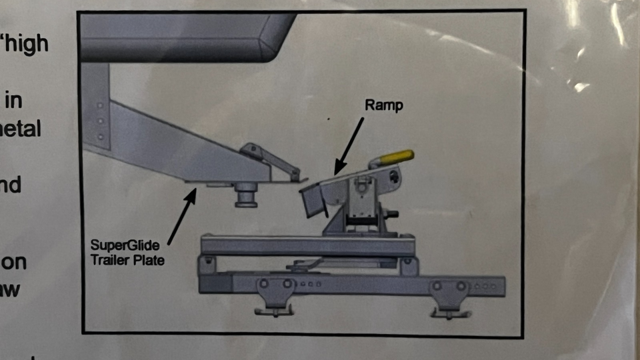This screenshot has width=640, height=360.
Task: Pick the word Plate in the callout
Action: point(149,260)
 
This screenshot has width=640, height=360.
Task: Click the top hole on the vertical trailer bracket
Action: point(100,105)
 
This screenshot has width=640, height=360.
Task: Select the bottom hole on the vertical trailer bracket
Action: point(101,137)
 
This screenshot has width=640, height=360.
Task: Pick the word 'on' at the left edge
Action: point(14,262)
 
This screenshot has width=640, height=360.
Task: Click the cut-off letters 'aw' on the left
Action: point(13,290)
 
